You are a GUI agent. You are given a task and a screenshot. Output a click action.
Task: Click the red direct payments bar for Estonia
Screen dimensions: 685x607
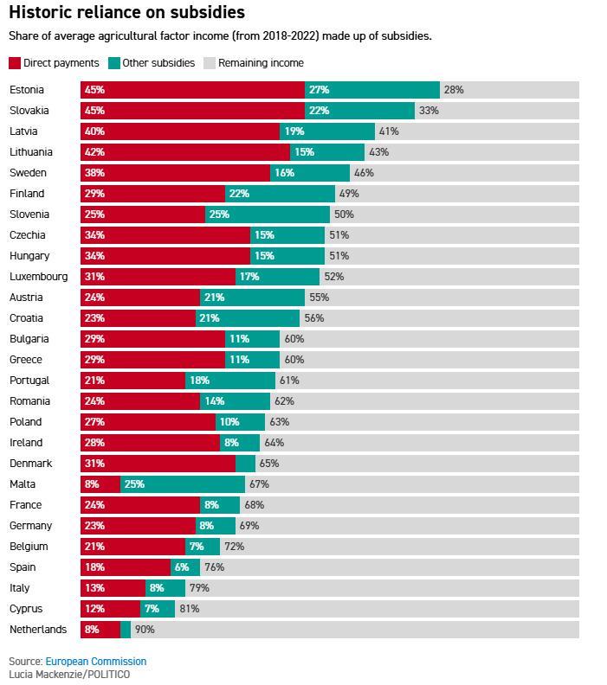(x=192, y=90)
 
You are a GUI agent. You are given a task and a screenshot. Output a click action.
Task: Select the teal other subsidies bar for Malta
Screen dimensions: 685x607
(x=183, y=484)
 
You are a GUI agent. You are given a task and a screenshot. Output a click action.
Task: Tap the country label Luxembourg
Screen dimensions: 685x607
(x=38, y=277)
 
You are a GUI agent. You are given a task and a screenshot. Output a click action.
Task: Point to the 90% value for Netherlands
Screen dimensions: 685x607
(x=145, y=630)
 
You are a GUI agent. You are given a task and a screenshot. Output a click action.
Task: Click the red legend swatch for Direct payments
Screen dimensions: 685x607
(x=15, y=63)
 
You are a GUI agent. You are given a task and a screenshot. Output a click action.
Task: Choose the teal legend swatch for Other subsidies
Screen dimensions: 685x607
(x=113, y=63)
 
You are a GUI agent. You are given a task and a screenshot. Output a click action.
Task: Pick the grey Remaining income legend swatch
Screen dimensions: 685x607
(x=209, y=63)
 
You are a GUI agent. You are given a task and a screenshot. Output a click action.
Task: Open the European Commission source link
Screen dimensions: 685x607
(x=95, y=662)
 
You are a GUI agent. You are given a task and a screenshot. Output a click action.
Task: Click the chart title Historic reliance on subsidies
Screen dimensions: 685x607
(x=126, y=12)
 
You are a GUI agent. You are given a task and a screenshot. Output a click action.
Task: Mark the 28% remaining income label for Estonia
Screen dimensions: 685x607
(x=454, y=90)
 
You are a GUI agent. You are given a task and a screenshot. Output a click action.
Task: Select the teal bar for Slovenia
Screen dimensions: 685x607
(x=268, y=214)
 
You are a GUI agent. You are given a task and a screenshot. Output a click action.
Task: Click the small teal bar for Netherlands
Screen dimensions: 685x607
(x=126, y=630)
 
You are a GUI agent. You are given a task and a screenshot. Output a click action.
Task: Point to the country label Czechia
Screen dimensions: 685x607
(x=28, y=235)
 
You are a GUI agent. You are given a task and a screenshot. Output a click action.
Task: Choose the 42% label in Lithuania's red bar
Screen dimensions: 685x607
(x=94, y=152)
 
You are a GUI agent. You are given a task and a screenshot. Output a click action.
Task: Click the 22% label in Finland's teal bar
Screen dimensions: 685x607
(x=239, y=194)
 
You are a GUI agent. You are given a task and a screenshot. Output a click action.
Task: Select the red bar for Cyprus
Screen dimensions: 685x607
(x=110, y=609)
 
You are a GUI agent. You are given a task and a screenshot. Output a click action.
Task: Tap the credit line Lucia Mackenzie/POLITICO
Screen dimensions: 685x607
(x=69, y=675)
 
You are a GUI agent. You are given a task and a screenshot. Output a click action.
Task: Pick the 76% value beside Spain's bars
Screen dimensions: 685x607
(x=214, y=567)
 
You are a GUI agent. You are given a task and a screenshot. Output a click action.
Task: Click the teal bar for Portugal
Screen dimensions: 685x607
(x=229, y=381)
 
